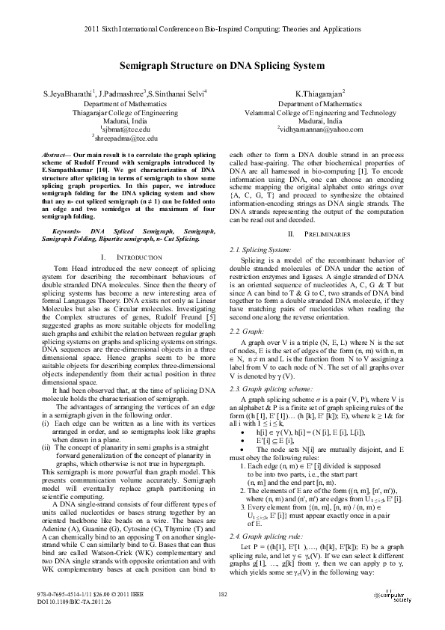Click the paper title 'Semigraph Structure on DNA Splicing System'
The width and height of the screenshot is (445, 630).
[222, 66]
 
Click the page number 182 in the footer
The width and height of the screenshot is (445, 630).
[222, 595]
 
